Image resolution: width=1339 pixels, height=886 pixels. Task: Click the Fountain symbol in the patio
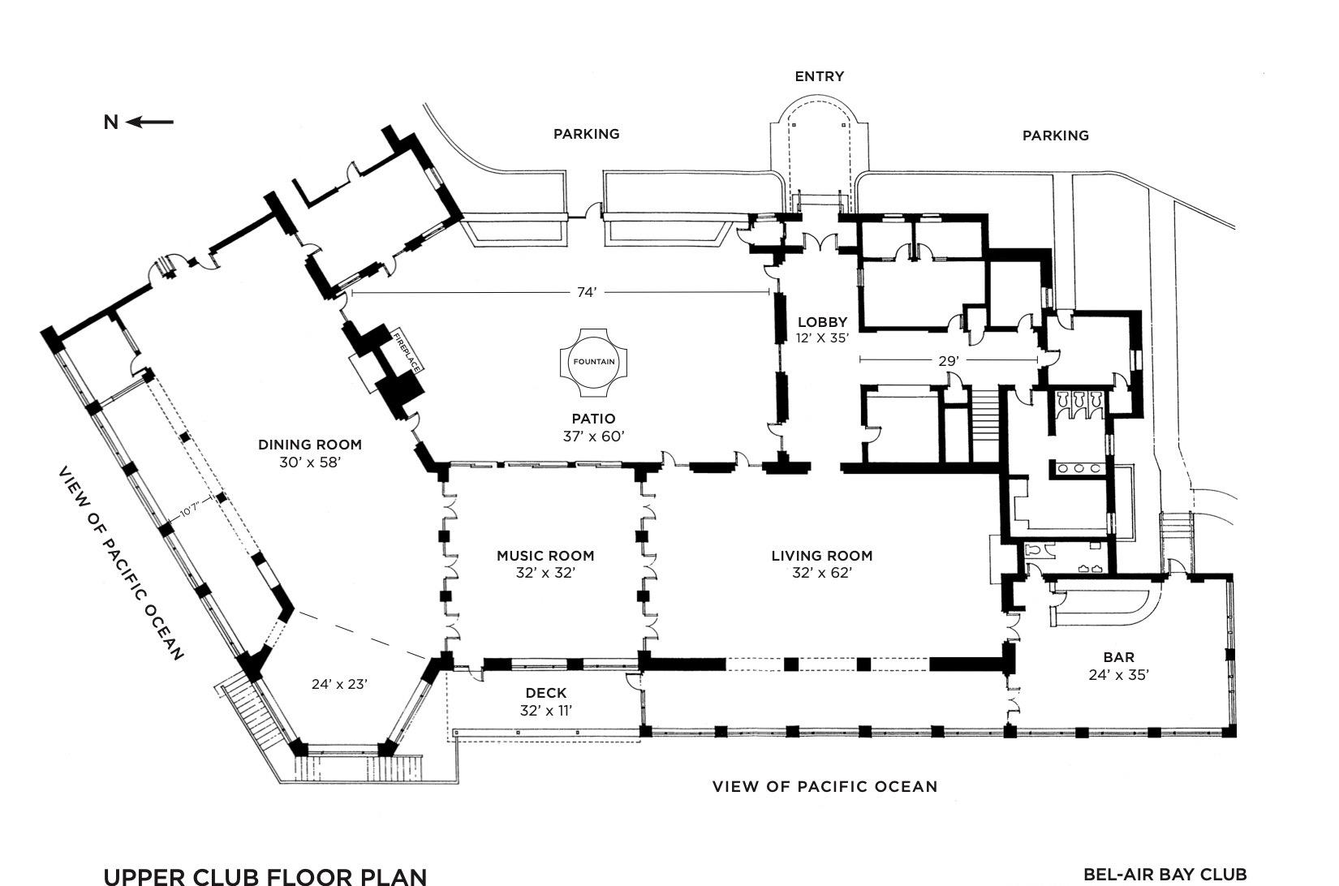[x=593, y=362]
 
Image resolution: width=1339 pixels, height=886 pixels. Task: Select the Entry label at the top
[x=819, y=76]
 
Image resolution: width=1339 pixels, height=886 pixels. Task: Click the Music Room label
[x=545, y=556]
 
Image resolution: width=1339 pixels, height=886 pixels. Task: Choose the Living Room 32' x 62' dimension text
[x=822, y=573]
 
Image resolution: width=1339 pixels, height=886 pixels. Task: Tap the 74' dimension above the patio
[x=587, y=292]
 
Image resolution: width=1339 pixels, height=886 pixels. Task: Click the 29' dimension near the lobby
[x=949, y=360]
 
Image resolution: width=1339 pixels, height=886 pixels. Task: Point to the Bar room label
[x=1119, y=657]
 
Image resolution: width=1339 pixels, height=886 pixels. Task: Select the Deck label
[x=546, y=693]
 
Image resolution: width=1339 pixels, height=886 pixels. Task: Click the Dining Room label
[x=310, y=445]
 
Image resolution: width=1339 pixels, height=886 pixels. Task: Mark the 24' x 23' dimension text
[x=339, y=684]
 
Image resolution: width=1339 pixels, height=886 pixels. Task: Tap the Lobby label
[x=822, y=322]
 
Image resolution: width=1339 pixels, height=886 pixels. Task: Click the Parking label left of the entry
[x=587, y=134]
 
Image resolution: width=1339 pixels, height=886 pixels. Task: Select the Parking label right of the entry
[x=1056, y=135]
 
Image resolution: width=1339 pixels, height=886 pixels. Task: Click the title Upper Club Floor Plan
[x=265, y=876]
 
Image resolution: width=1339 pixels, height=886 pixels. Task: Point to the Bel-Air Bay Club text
[x=1165, y=875]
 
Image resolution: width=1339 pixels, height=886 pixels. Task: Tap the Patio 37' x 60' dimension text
[x=593, y=437]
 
